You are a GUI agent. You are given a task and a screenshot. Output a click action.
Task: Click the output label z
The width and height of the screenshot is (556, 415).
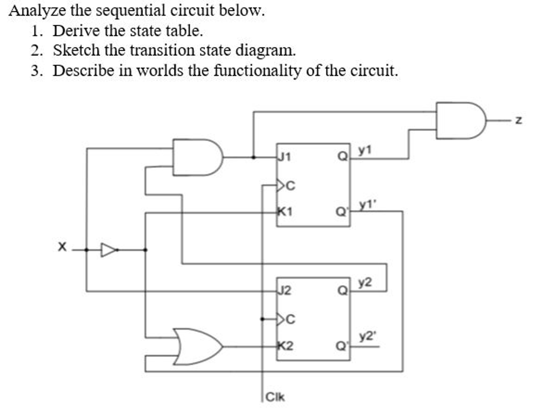coord(518,120)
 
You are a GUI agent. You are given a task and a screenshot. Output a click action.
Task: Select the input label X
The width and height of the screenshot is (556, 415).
coord(62,247)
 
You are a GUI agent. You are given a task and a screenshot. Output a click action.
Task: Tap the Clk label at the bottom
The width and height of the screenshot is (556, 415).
coord(275,397)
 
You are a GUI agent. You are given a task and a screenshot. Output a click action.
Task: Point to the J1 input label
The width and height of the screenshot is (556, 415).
coord(284,157)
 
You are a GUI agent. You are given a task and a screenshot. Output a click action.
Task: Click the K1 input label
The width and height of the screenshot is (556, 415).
coord(285,211)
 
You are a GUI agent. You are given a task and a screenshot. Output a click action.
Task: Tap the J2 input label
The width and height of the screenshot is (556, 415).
coord(284,291)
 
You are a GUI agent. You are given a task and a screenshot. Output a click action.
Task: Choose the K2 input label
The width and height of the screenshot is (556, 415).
coord(285,346)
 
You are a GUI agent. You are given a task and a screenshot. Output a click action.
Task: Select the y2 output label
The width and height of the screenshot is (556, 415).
coord(365,282)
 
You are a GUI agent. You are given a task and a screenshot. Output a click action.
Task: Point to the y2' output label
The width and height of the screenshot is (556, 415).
coord(367,337)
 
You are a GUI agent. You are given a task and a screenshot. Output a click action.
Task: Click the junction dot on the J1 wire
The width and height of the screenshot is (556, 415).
coord(253,157)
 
